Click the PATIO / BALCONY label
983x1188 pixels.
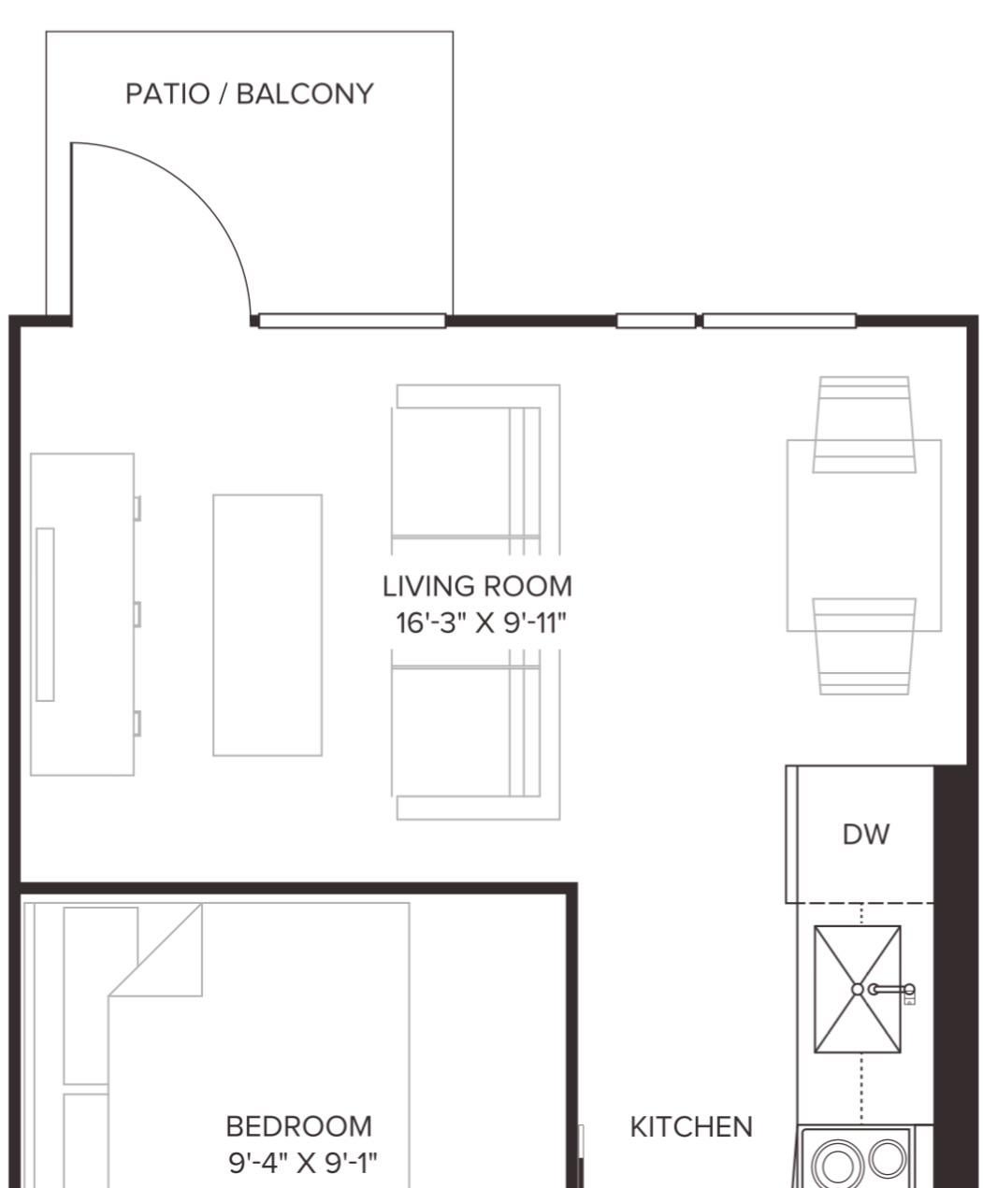click(x=249, y=94)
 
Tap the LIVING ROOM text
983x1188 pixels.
click(x=477, y=587)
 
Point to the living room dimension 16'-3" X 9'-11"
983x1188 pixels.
click(x=482, y=623)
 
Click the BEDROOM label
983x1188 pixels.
click(x=299, y=1126)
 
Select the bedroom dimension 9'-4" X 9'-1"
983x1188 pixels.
click(x=303, y=1163)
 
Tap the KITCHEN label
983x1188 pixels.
click(x=691, y=1126)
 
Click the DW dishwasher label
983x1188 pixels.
click(x=866, y=835)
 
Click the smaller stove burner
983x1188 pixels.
click(x=888, y=1157)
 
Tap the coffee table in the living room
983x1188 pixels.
click(x=267, y=624)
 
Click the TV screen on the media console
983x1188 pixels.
click(x=45, y=614)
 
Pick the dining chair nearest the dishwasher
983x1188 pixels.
click(x=864, y=646)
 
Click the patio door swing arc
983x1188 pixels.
click(x=200, y=196)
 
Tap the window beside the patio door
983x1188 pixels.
click(x=352, y=321)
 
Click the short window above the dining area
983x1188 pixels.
click(x=656, y=321)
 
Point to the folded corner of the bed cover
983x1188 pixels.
click(x=155, y=950)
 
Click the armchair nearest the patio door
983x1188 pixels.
click(x=475, y=469)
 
